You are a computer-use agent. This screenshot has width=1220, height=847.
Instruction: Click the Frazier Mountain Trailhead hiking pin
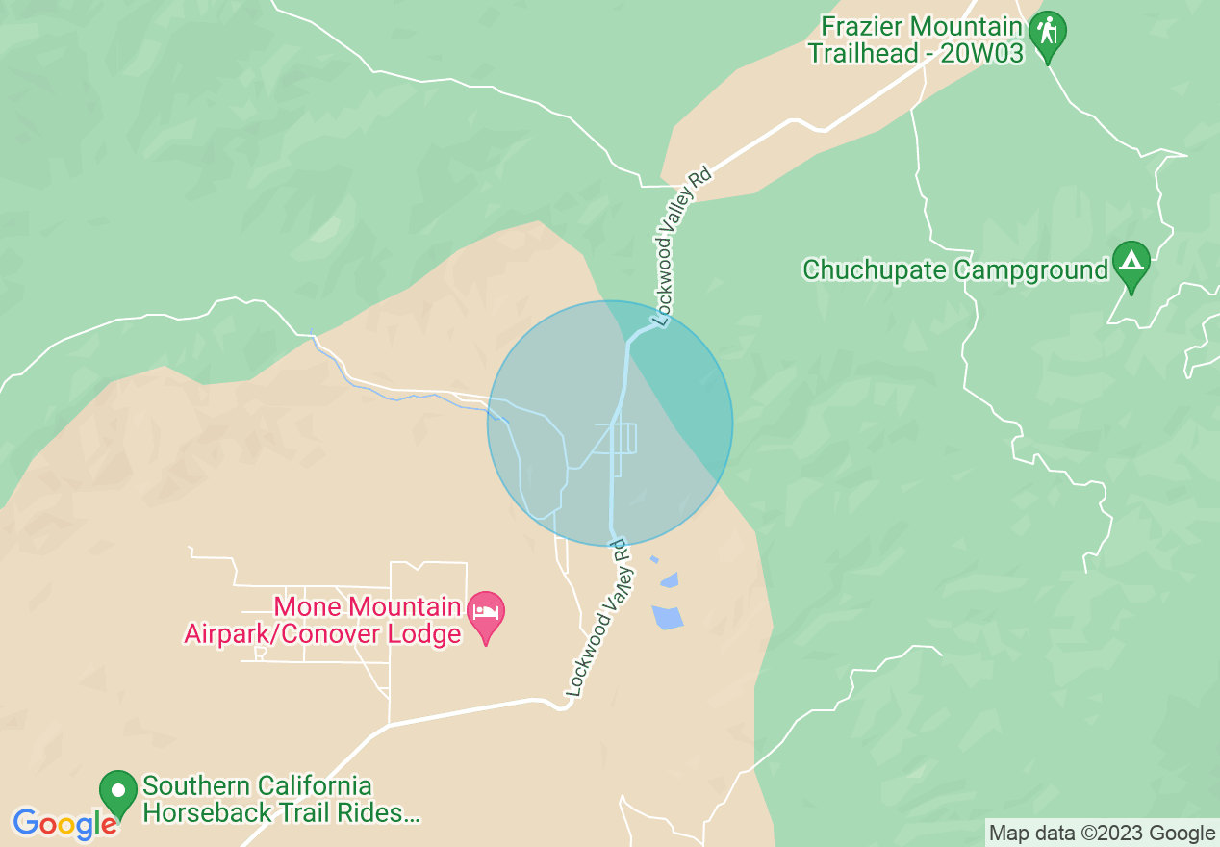click(x=1047, y=33)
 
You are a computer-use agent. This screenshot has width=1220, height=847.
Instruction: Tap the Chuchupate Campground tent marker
click(x=1131, y=263)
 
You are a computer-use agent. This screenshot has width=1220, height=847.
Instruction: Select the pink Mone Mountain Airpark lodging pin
click(x=486, y=613)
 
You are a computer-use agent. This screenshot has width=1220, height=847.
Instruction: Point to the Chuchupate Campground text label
click(x=955, y=269)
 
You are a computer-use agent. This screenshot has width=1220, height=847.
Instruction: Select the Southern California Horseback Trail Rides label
click(x=281, y=800)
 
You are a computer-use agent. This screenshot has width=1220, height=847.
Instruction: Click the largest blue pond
click(x=667, y=617)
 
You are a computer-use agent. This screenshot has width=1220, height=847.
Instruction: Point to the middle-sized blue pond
click(x=669, y=580)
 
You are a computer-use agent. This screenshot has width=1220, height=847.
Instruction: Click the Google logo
click(x=65, y=824)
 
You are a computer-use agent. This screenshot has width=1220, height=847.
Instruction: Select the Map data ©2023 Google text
click(x=1102, y=834)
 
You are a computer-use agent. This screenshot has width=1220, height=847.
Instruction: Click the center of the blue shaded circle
click(x=610, y=423)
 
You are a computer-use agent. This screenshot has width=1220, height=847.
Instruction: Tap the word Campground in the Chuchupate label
click(x=1031, y=269)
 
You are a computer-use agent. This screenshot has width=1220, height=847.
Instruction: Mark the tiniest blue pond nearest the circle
click(x=654, y=559)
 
